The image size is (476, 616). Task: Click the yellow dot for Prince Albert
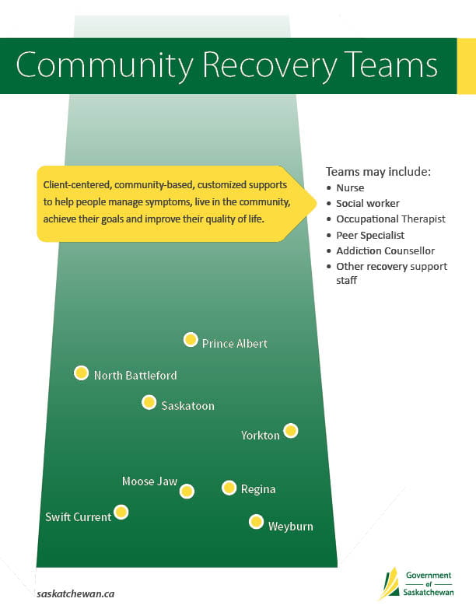click(x=191, y=340)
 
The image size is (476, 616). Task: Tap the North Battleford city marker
click(x=81, y=373)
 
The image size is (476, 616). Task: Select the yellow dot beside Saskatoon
click(x=149, y=402)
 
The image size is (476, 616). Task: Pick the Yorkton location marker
click(x=290, y=430)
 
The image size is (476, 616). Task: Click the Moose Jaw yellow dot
click(x=187, y=491)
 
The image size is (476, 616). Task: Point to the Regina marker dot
click(x=229, y=488)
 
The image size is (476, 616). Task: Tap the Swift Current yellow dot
click(x=121, y=513)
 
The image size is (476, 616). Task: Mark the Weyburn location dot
click(x=256, y=522)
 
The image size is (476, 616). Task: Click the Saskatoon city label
click(x=188, y=405)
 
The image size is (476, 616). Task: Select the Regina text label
click(x=258, y=490)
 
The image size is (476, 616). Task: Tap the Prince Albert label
click(x=235, y=343)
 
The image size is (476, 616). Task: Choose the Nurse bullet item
click(x=350, y=187)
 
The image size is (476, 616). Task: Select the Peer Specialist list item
click(x=370, y=235)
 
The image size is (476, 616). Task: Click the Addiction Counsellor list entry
click(x=385, y=251)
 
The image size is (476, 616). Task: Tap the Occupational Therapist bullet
click(x=390, y=219)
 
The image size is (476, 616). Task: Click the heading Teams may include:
click(x=378, y=171)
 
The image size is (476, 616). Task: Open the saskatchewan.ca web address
click(x=76, y=593)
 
